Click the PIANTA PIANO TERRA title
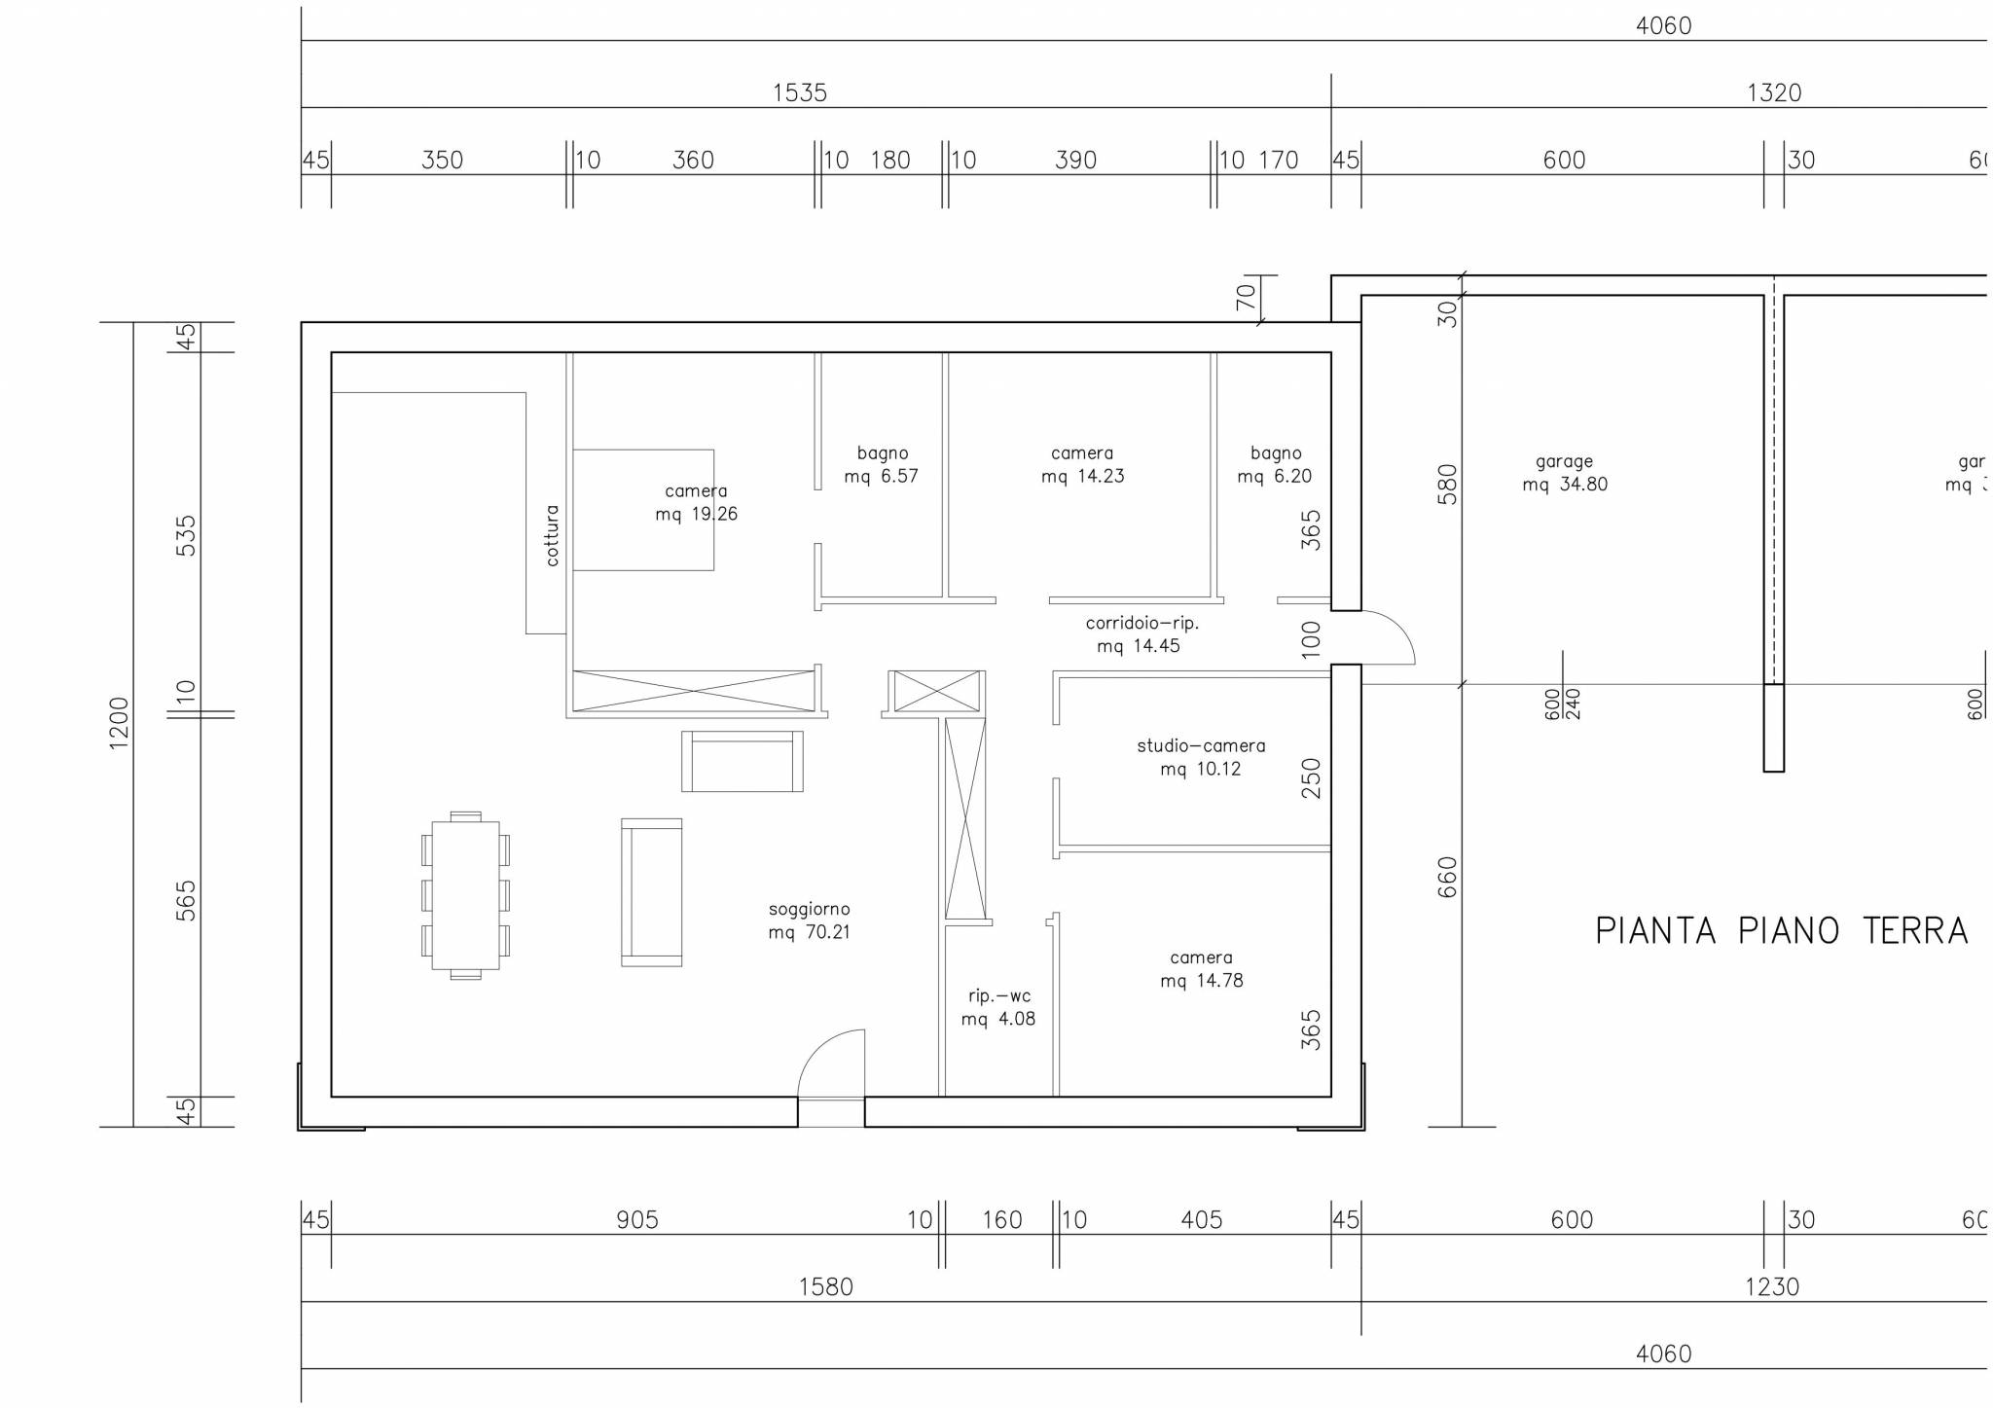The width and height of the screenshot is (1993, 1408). coord(1781,931)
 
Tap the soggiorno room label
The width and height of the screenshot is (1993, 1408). coord(809,910)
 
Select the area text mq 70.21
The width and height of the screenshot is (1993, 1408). coord(809,933)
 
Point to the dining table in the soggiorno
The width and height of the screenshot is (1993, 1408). coord(465,895)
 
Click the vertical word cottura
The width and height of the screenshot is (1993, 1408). coord(552,535)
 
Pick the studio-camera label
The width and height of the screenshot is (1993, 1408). coord(1201,746)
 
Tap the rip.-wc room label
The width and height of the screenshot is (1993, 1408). coord(998,996)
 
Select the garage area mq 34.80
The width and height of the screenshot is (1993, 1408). coord(1565,485)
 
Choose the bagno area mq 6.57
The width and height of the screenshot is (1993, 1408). coord(881,477)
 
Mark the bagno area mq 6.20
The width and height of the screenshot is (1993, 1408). coord(1275,477)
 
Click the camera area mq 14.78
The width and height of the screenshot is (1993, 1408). coord(1202,981)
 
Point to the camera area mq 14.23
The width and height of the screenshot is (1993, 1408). coord(1082,477)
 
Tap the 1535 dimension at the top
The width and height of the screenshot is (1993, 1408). coord(800,93)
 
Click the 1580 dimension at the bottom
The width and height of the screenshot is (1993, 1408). coord(825,1287)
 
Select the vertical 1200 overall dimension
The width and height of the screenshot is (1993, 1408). coord(119,723)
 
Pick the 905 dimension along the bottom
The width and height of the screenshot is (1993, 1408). coord(637,1220)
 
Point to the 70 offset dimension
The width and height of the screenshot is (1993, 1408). coord(1247,297)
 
